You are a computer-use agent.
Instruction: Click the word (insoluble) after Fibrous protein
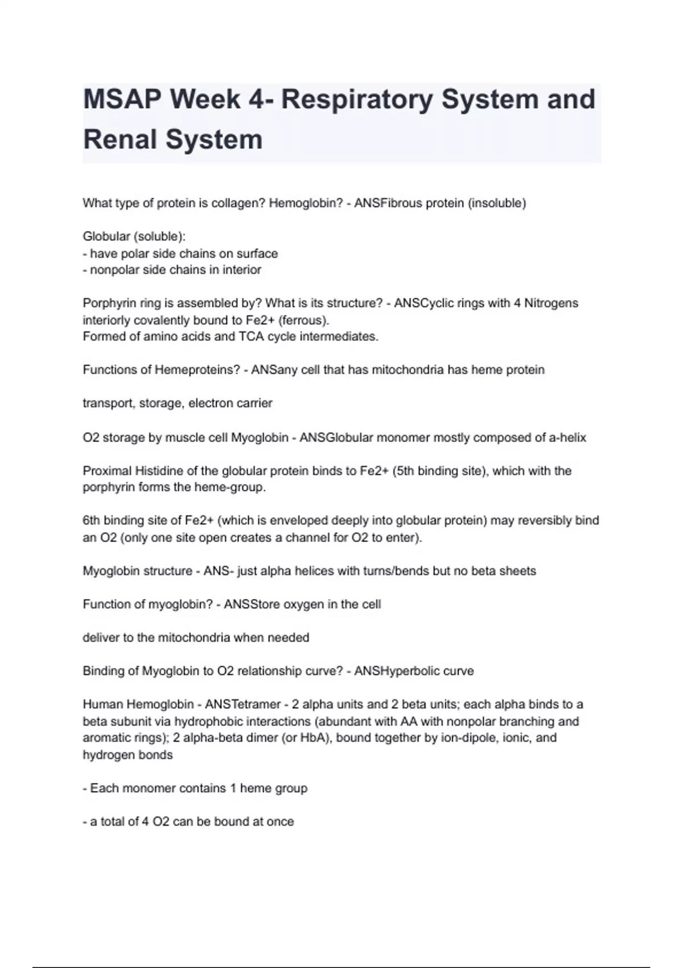click(x=497, y=203)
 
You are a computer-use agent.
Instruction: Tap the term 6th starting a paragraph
click(x=91, y=520)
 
